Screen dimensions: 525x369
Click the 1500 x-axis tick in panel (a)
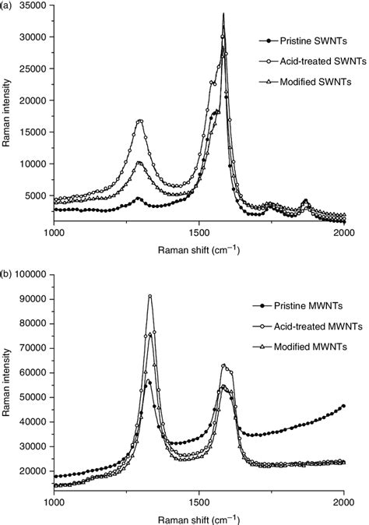(x=199, y=234)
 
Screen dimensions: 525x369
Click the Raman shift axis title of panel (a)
(x=199, y=249)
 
